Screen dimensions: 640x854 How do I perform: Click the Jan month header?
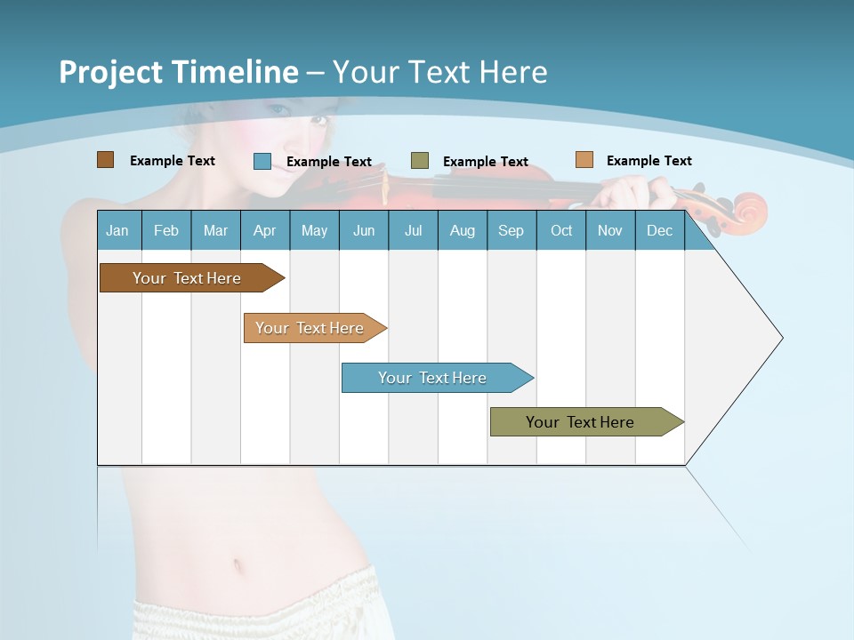[117, 231]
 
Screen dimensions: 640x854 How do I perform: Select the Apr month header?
[264, 231]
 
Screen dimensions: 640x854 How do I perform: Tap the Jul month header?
[413, 231]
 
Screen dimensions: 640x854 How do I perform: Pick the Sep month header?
[511, 231]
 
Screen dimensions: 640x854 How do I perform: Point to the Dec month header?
[659, 231]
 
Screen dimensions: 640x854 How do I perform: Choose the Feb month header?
[166, 231]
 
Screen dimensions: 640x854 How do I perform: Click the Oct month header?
[561, 231]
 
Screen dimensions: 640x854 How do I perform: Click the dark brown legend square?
[105, 160]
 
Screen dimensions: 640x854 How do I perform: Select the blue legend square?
[262, 161]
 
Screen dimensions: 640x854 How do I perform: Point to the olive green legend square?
[420, 161]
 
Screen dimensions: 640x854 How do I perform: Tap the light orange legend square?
[584, 160]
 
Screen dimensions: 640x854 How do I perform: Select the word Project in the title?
[110, 72]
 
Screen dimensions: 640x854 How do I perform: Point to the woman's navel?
[238, 565]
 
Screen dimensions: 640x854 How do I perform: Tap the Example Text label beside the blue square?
[329, 162]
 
